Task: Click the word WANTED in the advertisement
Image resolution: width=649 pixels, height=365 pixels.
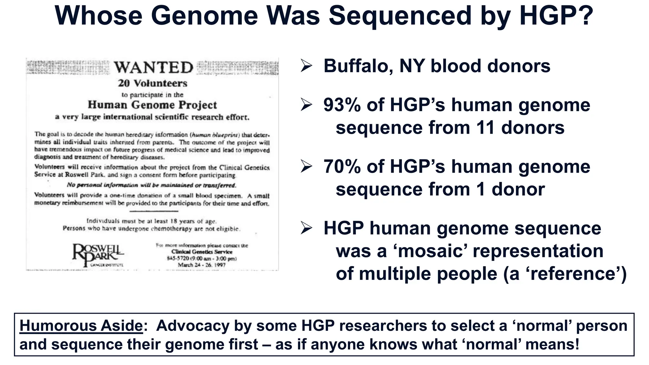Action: pyautogui.click(x=153, y=67)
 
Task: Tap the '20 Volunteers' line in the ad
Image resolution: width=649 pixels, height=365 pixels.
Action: pyautogui.click(x=152, y=83)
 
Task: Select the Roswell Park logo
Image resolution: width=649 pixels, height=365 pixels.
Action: pyautogui.click(x=98, y=254)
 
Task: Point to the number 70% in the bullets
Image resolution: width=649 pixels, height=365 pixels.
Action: pyautogui.click(x=342, y=167)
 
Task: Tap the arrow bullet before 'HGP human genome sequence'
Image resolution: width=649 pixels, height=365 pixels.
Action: pyautogui.click(x=306, y=228)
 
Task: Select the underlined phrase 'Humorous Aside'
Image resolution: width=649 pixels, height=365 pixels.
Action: pyautogui.click(x=81, y=325)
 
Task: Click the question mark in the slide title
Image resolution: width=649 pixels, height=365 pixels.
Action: pyautogui.click(x=584, y=16)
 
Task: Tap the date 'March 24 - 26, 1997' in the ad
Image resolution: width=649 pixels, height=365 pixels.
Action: pyautogui.click(x=202, y=265)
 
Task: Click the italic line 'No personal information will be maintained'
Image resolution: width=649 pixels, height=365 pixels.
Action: pyautogui.click(x=151, y=185)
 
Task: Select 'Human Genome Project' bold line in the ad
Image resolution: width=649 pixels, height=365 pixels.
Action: pyautogui.click(x=152, y=105)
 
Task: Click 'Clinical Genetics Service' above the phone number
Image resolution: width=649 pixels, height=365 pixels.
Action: pyautogui.click(x=202, y=252)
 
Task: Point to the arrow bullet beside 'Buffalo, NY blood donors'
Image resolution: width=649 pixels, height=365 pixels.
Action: pyautogui.click(x=306, y=66)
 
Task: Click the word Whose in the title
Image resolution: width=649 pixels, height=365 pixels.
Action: pyautogui.click(x=99, y=16)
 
